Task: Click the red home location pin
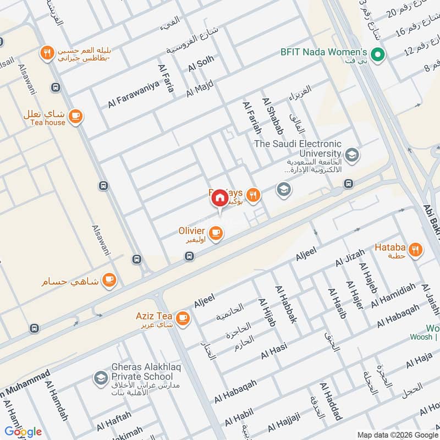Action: point(219,197)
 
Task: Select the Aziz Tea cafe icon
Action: point(183,317)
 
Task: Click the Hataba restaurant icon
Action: point(416,249)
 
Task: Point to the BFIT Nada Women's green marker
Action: point(377,54)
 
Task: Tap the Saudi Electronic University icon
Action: point(352,155)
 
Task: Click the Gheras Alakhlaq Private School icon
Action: point(100,378)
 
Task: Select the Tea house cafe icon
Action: point(75,116)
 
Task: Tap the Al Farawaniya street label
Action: point(134,94)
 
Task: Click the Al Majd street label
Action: point(200,88)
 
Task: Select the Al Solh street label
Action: point(201,64)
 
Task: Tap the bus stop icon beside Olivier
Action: point(189,256)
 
